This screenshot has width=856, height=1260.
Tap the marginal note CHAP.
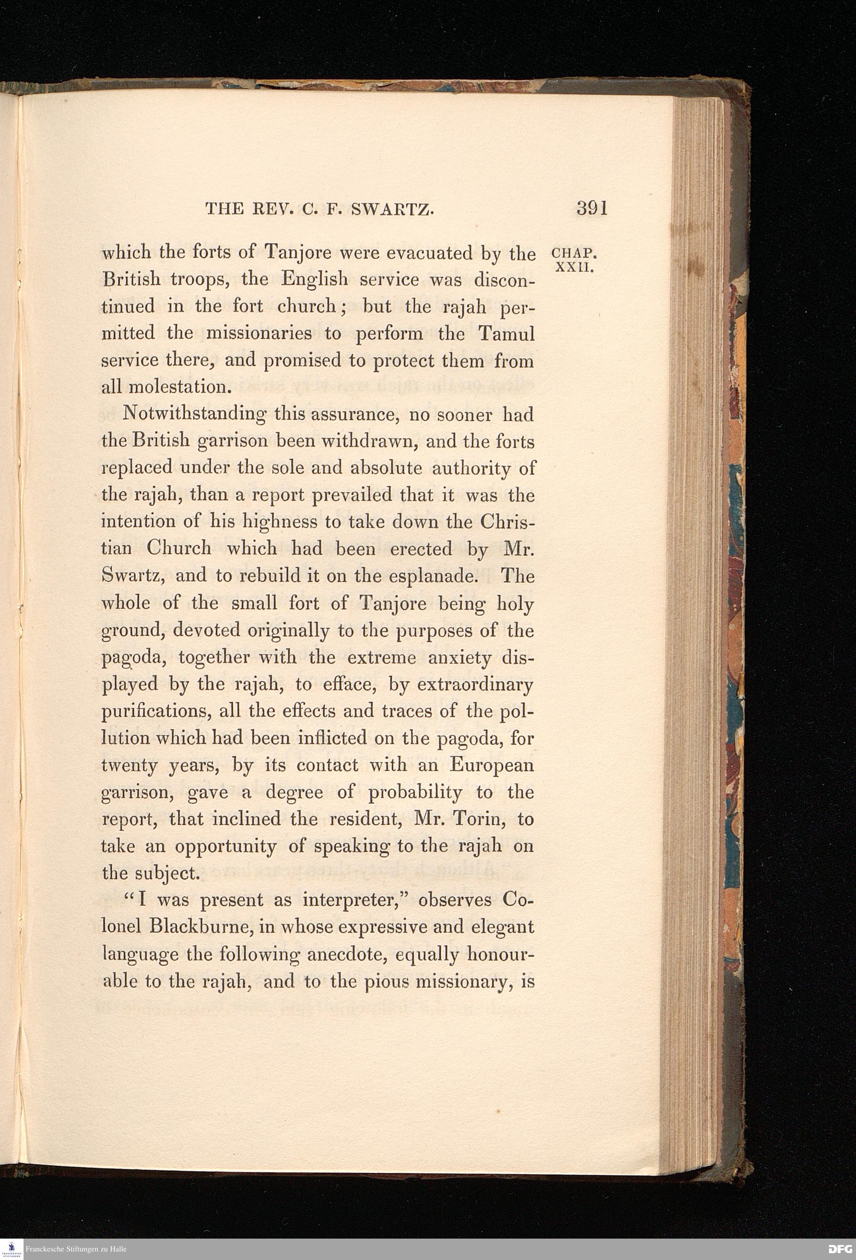(x=574, y=254)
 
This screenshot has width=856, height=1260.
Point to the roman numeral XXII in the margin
(x=575, y=268)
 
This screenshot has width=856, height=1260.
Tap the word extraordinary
(x=475, y=685)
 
